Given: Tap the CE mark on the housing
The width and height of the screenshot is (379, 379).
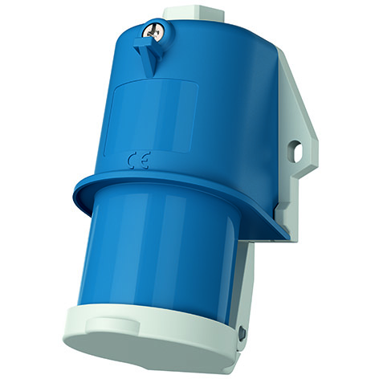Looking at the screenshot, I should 137,161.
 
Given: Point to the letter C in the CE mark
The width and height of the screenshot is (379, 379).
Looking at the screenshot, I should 132,161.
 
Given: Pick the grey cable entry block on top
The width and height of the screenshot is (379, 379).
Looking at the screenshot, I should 195,14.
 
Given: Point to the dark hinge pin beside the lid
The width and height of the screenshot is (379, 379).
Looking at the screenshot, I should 242,330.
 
